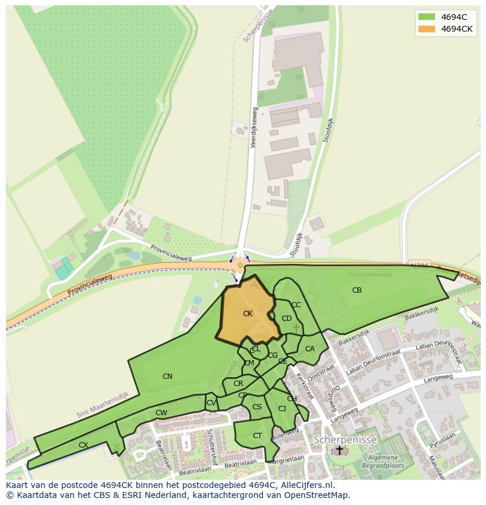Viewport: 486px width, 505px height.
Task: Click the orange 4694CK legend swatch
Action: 427,29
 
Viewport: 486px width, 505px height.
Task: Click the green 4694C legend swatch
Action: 427,17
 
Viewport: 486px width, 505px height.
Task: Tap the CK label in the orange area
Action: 248,314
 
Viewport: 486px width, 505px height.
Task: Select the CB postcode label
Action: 357,290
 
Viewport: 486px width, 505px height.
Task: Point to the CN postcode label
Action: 167,377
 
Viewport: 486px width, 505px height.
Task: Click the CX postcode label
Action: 83,445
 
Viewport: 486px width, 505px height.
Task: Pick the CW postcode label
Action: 161,413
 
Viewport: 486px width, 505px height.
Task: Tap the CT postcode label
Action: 257,436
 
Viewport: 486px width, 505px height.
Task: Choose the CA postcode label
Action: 310,349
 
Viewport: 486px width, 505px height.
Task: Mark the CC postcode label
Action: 296,305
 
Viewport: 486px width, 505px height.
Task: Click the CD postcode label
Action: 286,318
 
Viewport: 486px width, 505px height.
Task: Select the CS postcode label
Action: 257,407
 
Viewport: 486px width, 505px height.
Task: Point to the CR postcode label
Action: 238,384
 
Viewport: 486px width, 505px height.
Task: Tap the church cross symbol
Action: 339,450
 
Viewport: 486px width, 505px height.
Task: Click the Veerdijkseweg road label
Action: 254,127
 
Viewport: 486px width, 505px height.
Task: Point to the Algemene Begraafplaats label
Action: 384,462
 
